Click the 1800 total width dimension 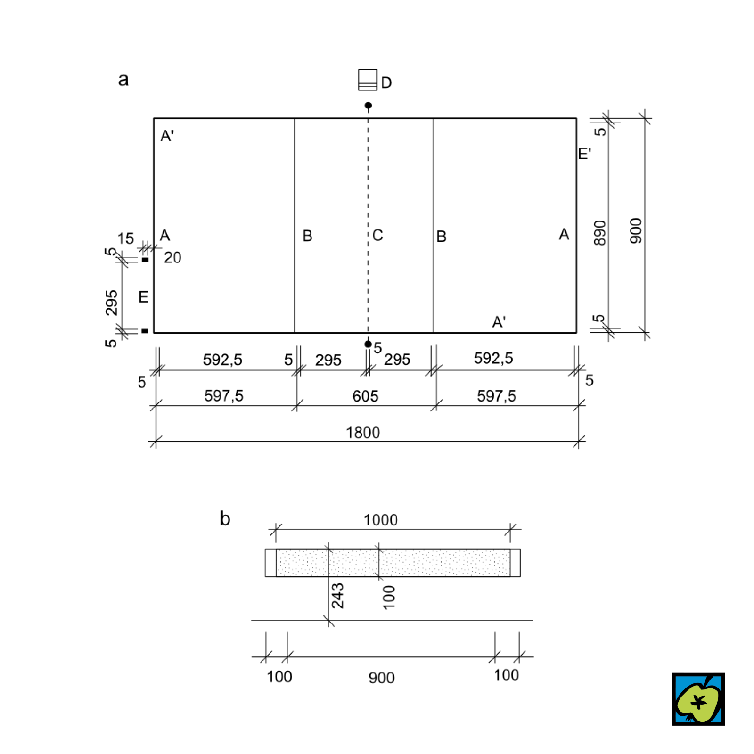pos(363,432)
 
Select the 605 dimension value pos(365,396)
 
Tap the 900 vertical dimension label pos(636,230)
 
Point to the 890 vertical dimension pos(599,232)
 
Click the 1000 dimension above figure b pos(381,520)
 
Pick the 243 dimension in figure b pos(337,596)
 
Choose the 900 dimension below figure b pos(382,678)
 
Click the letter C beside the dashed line pos(377,235)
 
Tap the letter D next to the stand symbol pos(386,83)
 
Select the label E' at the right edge pos(584,154)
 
